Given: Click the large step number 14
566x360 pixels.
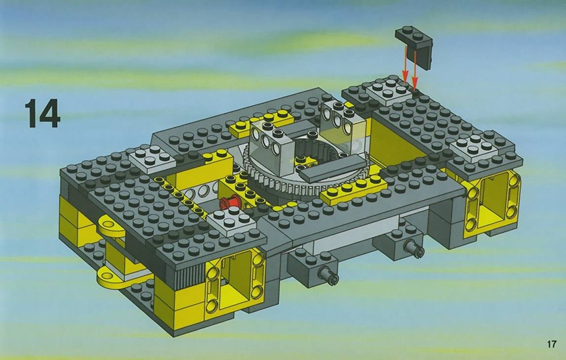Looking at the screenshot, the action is (42, 114).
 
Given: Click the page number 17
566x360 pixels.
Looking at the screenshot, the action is (551, 344).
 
